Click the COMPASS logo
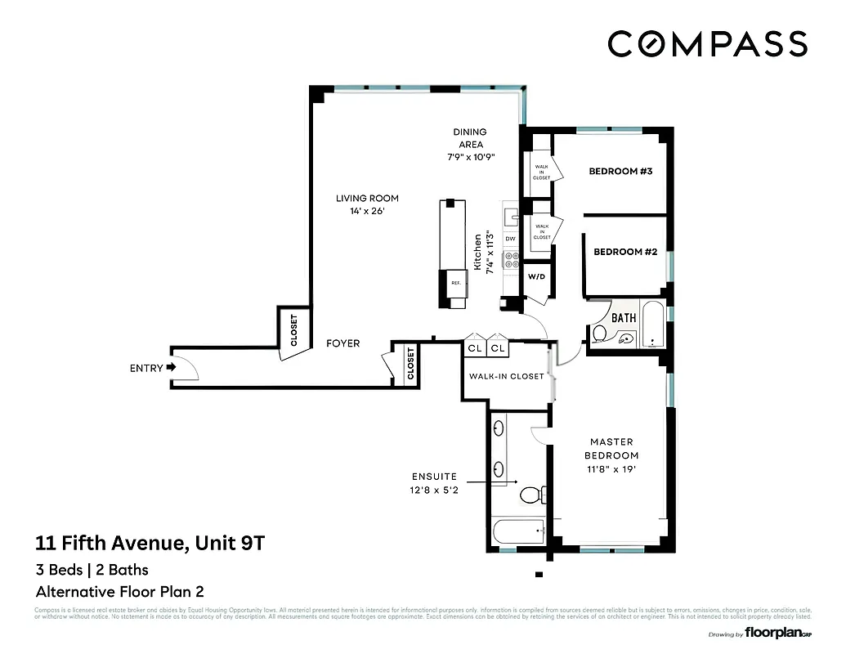pyautogui.click(x=708, y=43)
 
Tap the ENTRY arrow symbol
pyautogui.click(x=171, y=368)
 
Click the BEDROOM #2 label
pyautogui.click(x=625, y=252)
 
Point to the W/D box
pyautogui.click(x=536, y=276)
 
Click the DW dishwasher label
pyautogui.click(x=511, y=239)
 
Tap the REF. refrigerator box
pyautogui.click(x=455, y=283)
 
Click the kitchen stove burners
pyautogui.click(x=512, y=260)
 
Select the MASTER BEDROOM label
pyautogui.click(x=612, y=449)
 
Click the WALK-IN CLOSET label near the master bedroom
pyautogui.click(x=506, y=377)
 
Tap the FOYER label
pyautogui.click(x=342, y=343)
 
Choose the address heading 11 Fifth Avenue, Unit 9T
pyautogui.click(x=150, y=543)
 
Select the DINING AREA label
pyautogui.click(x=470, y=138)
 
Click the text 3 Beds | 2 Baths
pyautogui.click(x=92, y=570)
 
